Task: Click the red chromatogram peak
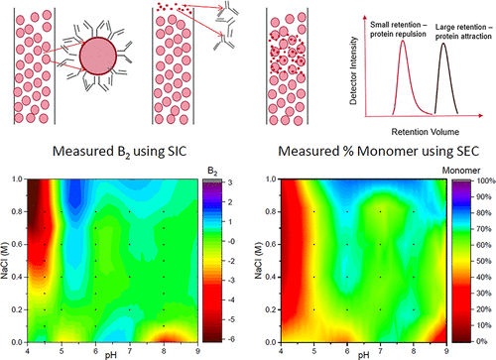coord(404,74)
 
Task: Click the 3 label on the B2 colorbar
coord(226,183)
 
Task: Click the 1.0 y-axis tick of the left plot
coord(17,180)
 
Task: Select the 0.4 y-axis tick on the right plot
coord(263,276)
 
